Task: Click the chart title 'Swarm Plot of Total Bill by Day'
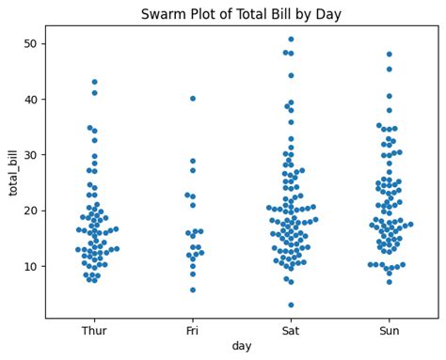click(x=241, y=14)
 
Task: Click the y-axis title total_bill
click(x=14, y=172)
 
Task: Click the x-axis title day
click(x=242, y=346)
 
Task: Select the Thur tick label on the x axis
click(x=94, y=330)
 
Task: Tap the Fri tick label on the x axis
click(x=193, y=330)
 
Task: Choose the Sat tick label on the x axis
click(x=291, y=330)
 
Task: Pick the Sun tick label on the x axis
click(x=389, y=330)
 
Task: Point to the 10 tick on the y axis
click(x=32, y=266)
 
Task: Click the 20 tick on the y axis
click(x=32, y=211)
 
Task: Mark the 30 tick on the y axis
click(x=32, y=155)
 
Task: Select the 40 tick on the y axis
click(x=32, y=100)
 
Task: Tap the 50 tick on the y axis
click(x=32, y=44)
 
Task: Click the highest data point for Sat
click(x=291, y=39)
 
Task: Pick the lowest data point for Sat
click(x=291, y=305)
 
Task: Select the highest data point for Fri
click(x=193, y=99)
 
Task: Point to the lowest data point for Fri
click(x=193, y=290)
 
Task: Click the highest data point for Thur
click(x=94, y=82)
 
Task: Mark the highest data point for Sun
click(x=389, y=55)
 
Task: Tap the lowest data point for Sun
click(x=389, y=282)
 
